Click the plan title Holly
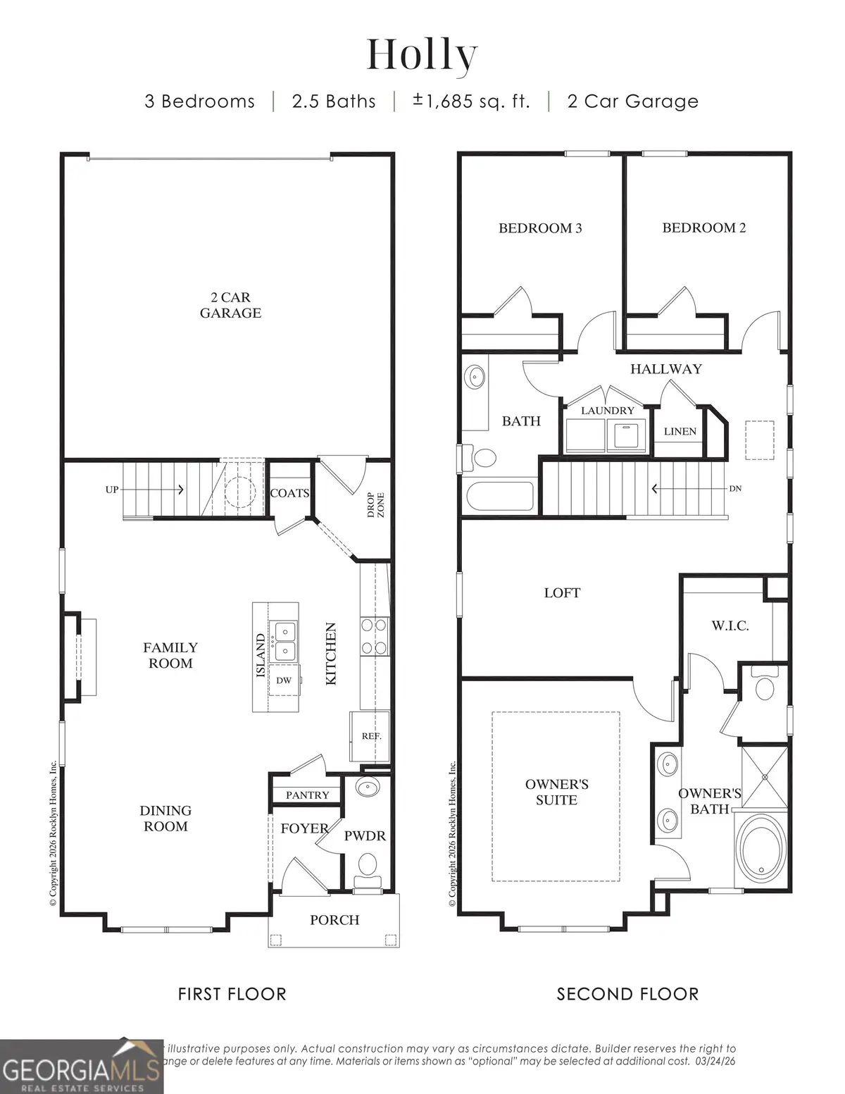coord(422,54)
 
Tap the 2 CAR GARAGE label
coord(230,305)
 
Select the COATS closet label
coord(289,493)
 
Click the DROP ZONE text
coord(375,505)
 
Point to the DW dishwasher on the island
coord(283,680)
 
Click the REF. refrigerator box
coord(371,736)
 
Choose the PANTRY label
coord(307,795)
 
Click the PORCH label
coord(334,920)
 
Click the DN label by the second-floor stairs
coord(734,488)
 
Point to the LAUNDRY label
coord(607,410)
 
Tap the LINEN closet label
coord(680,431)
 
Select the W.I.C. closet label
coord(730,626)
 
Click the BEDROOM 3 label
coord(540,228)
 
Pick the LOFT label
coord(562,593)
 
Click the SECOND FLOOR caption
coord(627,994)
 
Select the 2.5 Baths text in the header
coord(334,101)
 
